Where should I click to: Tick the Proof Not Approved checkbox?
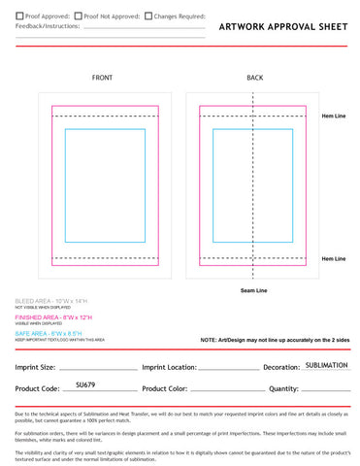(x=77, y=17)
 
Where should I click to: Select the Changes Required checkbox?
(x=147, y=17)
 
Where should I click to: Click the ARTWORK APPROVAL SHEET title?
(x=281, y=28)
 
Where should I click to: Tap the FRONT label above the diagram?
(x=102, y=78)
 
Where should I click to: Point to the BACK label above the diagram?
(x=254, y=78)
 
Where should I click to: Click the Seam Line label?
(x=254, y=290)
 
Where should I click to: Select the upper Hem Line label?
(x=333, y=116)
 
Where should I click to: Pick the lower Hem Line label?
(x=333, y=258)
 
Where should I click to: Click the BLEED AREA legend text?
(x=54, y=302)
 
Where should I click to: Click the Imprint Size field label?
(x=35, y=368)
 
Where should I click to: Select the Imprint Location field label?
(x=169, y=368)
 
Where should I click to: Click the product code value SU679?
(x=85, y=385)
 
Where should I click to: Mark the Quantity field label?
(x=283, y=389)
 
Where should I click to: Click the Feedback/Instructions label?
(x=49, y=29)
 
